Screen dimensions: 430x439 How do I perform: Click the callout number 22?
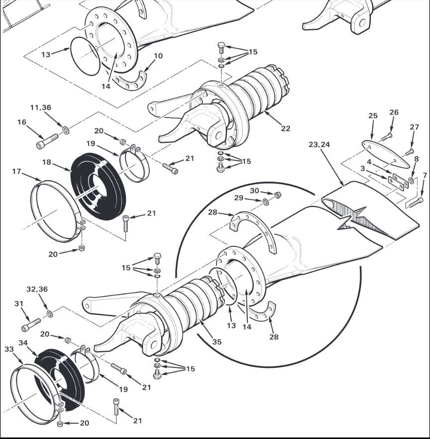(286, 128)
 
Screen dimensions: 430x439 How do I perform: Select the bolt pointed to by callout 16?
(47, 141)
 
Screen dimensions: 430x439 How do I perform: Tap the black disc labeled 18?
(98, 186)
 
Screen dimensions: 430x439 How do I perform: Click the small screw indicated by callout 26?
(387, 137)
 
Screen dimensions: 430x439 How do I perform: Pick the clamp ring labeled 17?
(56, 211)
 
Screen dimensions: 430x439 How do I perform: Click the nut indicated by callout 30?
(277, 195)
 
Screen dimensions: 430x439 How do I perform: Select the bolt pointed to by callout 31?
(31, 325)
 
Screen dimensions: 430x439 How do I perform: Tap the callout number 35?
(216, 341)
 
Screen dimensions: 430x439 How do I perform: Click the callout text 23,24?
(319, 144)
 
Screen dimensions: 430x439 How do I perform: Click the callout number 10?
(158, 56)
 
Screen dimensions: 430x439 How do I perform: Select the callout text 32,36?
(37, 289)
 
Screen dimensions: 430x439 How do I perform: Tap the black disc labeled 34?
(60, 379)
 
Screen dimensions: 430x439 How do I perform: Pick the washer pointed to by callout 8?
(412, 180)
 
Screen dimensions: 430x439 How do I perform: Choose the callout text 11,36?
(41, 108)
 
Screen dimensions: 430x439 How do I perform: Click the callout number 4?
(369, 162)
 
